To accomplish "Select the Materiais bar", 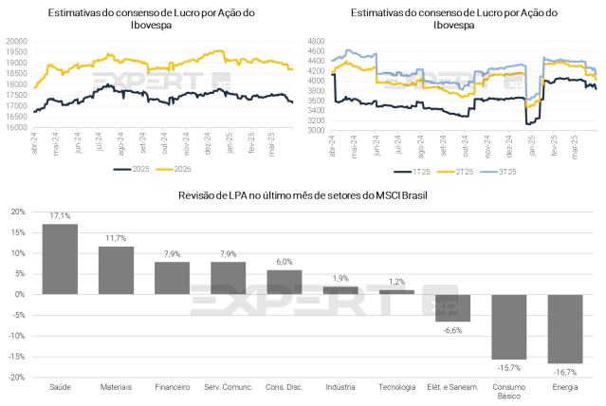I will [x=116, y=270].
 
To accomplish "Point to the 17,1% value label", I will [x=60, y=216].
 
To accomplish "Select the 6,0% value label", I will [x=284, y=262].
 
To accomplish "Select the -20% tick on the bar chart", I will [x=20, y=377].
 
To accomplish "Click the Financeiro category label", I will [x=172, y=387].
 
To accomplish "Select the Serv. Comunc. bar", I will [x=228, y=278].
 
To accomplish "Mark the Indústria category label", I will [x=340, y=387].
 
